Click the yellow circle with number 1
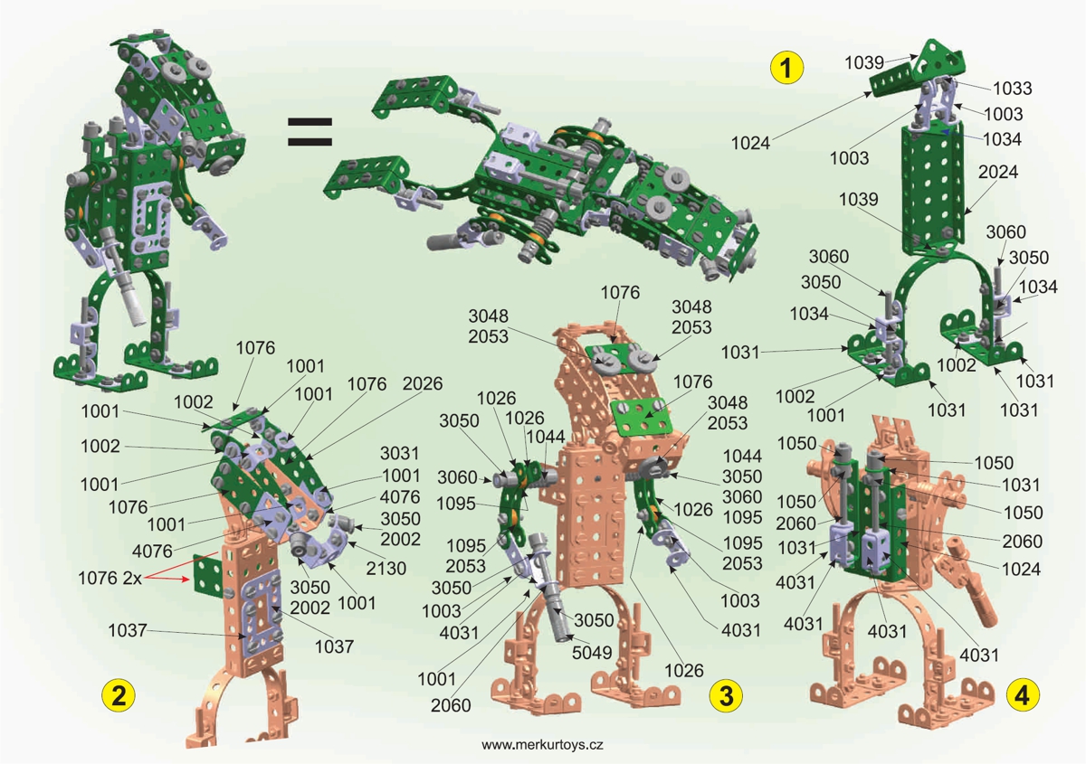(786, 68)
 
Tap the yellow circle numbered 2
(119, 695)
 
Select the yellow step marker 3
(726, 695)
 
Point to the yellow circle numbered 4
(1023, 695)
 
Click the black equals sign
(310, 132)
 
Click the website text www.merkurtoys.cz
(542, 745)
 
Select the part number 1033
(1013, 89)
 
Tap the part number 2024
(997, 172)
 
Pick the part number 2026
(423, 383)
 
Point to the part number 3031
(399, 453)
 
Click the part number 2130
(386, 568)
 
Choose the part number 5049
(592, 653)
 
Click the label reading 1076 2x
(110, 578)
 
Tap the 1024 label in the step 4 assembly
(1021, 569)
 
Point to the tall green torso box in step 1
(933, 189)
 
